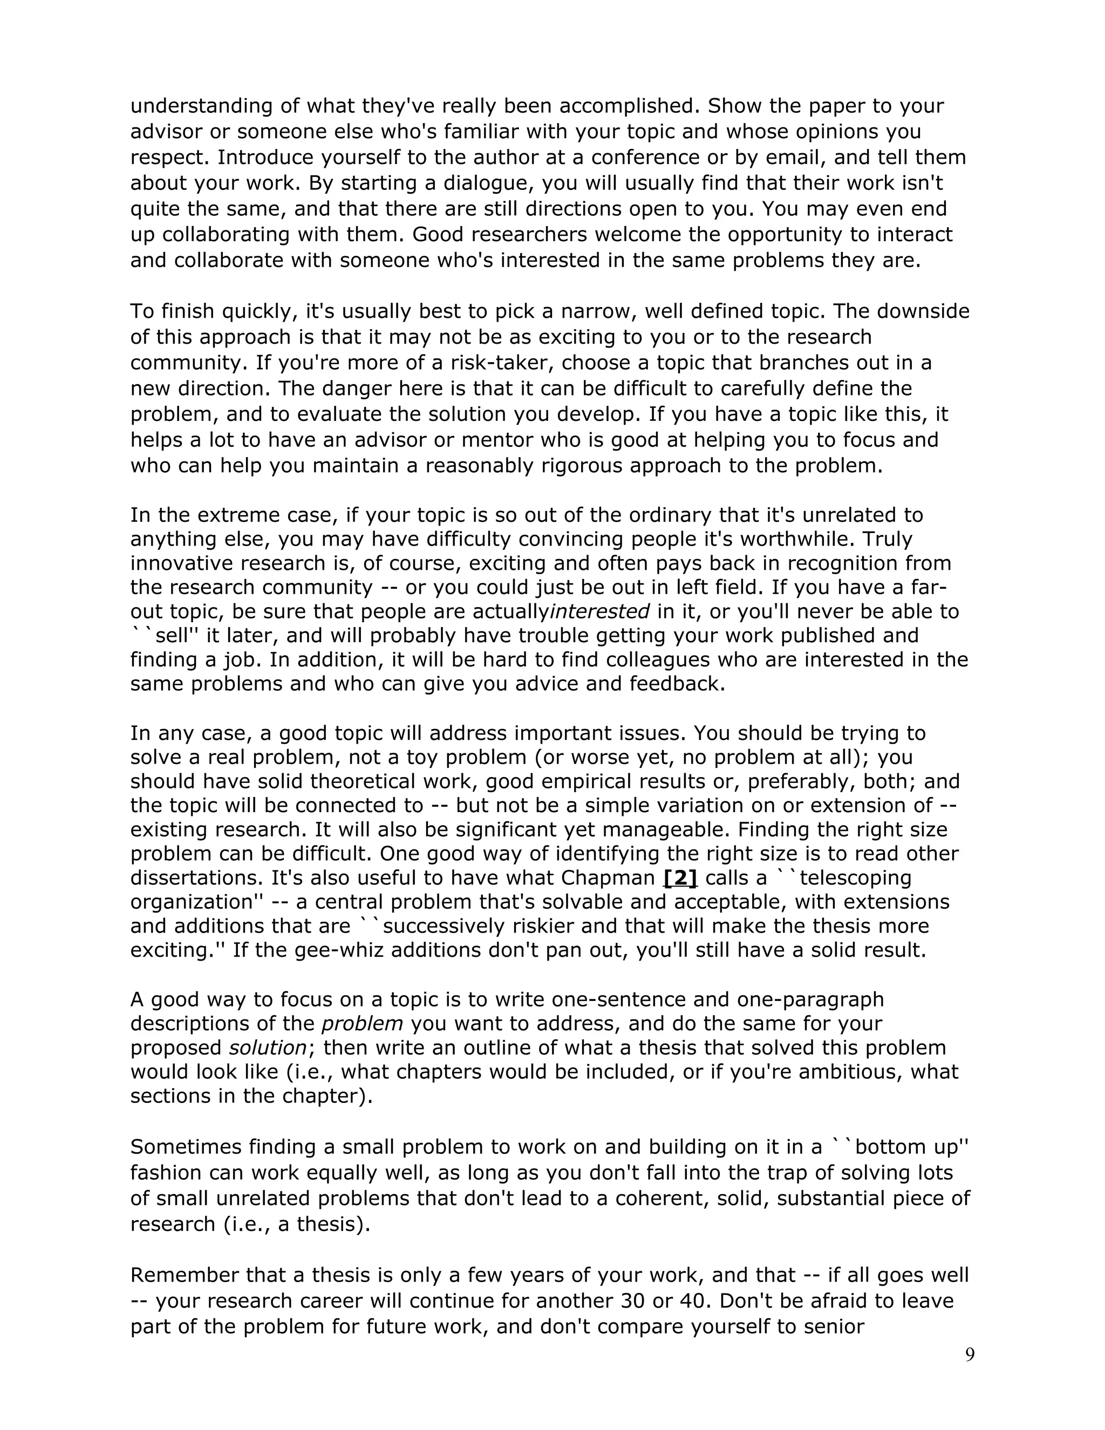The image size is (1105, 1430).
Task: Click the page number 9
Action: pos(970,1354)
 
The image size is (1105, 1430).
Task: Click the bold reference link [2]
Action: pos(680,877)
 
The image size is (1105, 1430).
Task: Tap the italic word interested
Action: pos(599,611)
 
